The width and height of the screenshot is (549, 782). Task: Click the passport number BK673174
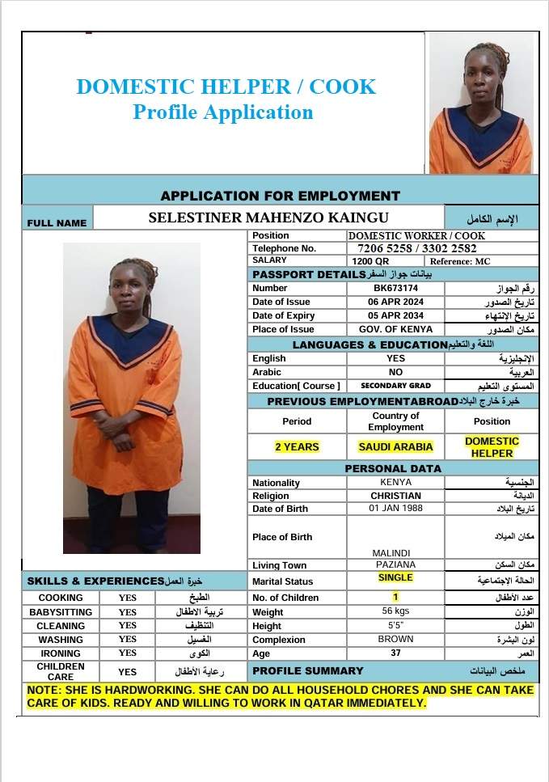point(395,288)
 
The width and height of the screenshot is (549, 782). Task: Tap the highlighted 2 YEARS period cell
point(297,446)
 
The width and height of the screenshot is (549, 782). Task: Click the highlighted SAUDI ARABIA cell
point(395,446)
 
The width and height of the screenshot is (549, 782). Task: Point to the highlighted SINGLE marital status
point(395,577)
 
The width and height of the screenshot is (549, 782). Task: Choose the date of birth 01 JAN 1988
point(395,508)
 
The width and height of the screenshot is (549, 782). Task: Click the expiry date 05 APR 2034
point(395,315)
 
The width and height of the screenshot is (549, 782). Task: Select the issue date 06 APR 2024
point(395,302)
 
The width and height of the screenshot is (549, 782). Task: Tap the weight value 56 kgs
point(395,611)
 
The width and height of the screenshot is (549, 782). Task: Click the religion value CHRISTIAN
point(395,495)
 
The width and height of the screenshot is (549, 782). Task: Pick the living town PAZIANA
point(395,564)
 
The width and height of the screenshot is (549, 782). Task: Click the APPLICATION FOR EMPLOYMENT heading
point(280,196)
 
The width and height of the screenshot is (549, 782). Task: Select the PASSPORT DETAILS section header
point(309,274)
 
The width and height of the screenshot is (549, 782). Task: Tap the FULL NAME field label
point(57,223)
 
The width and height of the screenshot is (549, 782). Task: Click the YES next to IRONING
point(128,653)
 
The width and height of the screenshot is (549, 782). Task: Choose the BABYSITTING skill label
point(61,612)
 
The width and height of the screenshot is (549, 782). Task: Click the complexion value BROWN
point(395,639)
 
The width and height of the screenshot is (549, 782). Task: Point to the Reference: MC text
point(460,261)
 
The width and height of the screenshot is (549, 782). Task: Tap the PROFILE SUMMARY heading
point(308,670)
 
